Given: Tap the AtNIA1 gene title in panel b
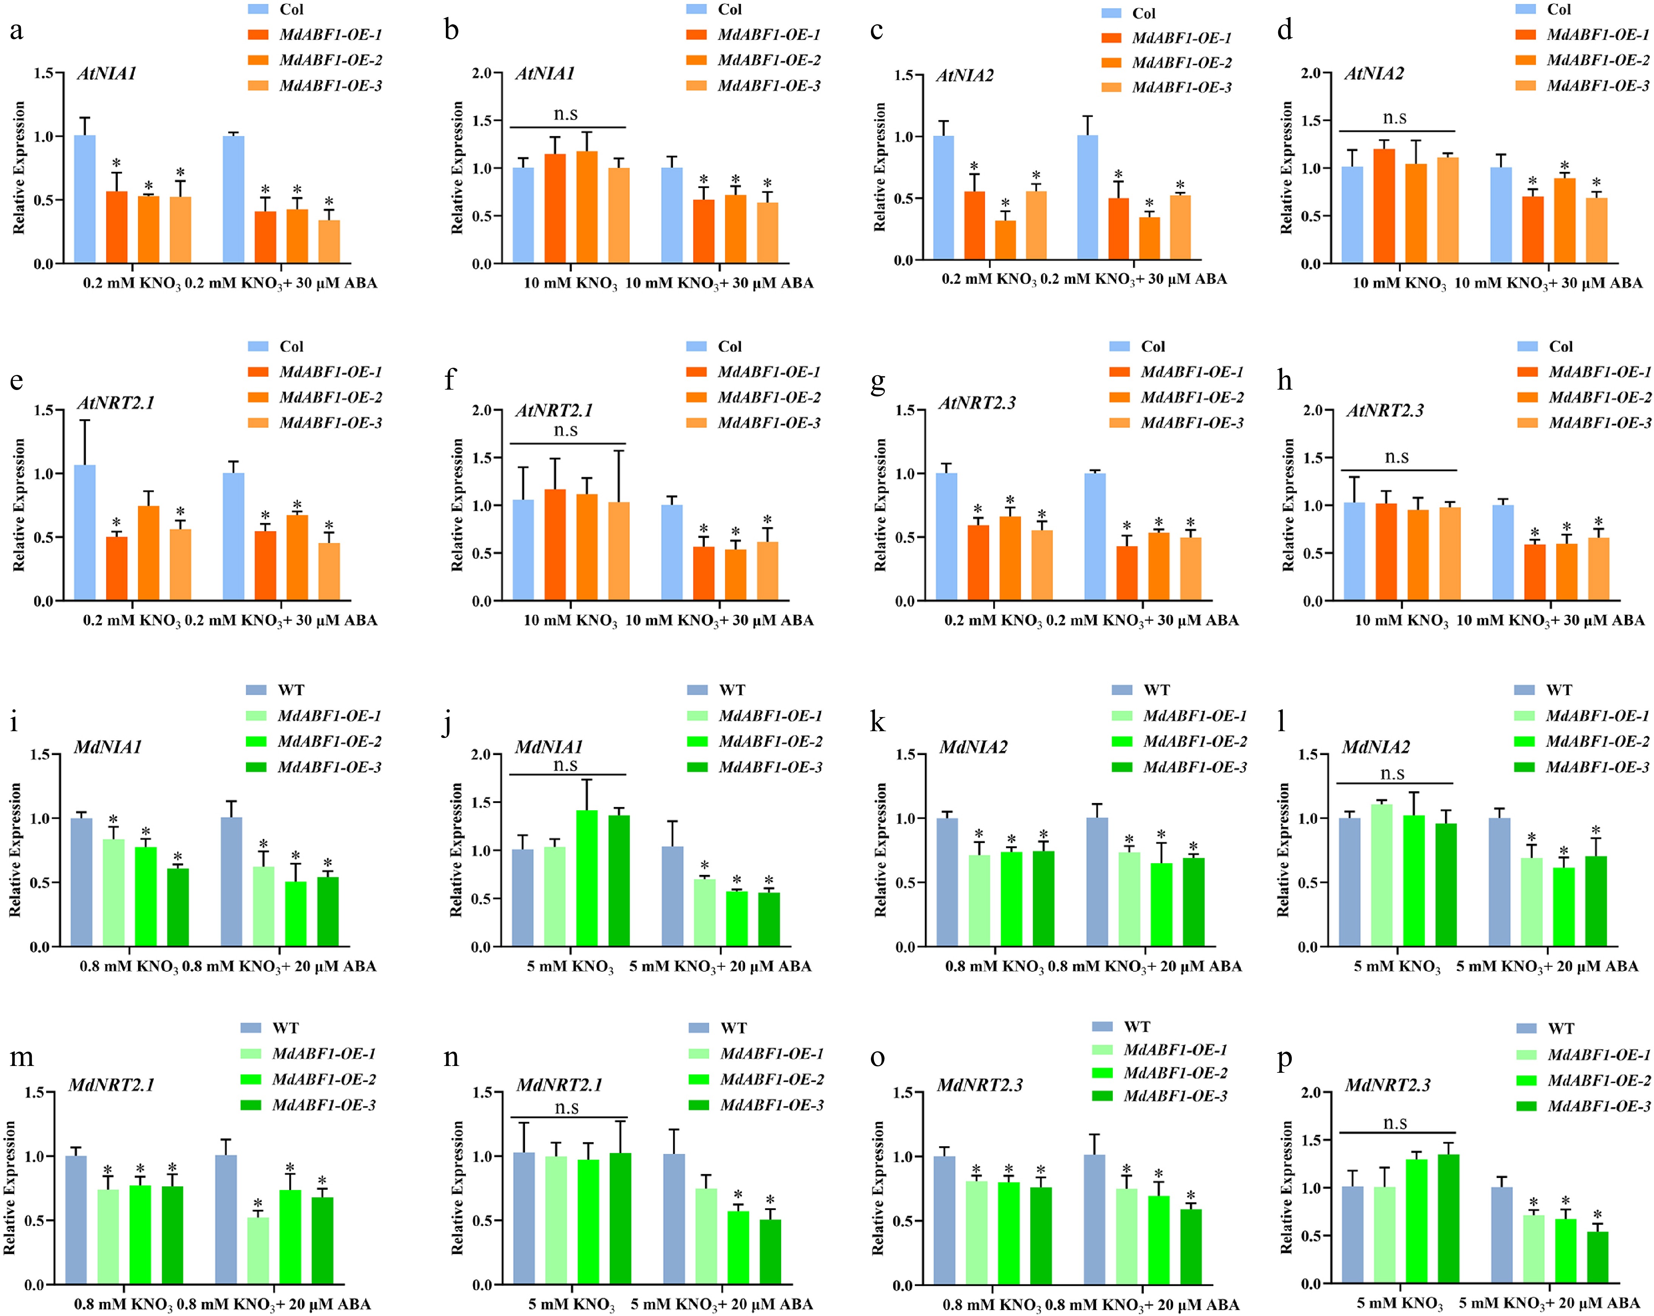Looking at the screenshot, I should (545, 74).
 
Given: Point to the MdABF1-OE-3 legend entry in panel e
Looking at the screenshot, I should (330, 423).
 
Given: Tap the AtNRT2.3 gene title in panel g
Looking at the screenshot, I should (977, 402).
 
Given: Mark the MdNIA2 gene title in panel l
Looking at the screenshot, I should (1375, 747).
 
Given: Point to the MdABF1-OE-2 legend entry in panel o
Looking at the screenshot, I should (1175, 1073).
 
